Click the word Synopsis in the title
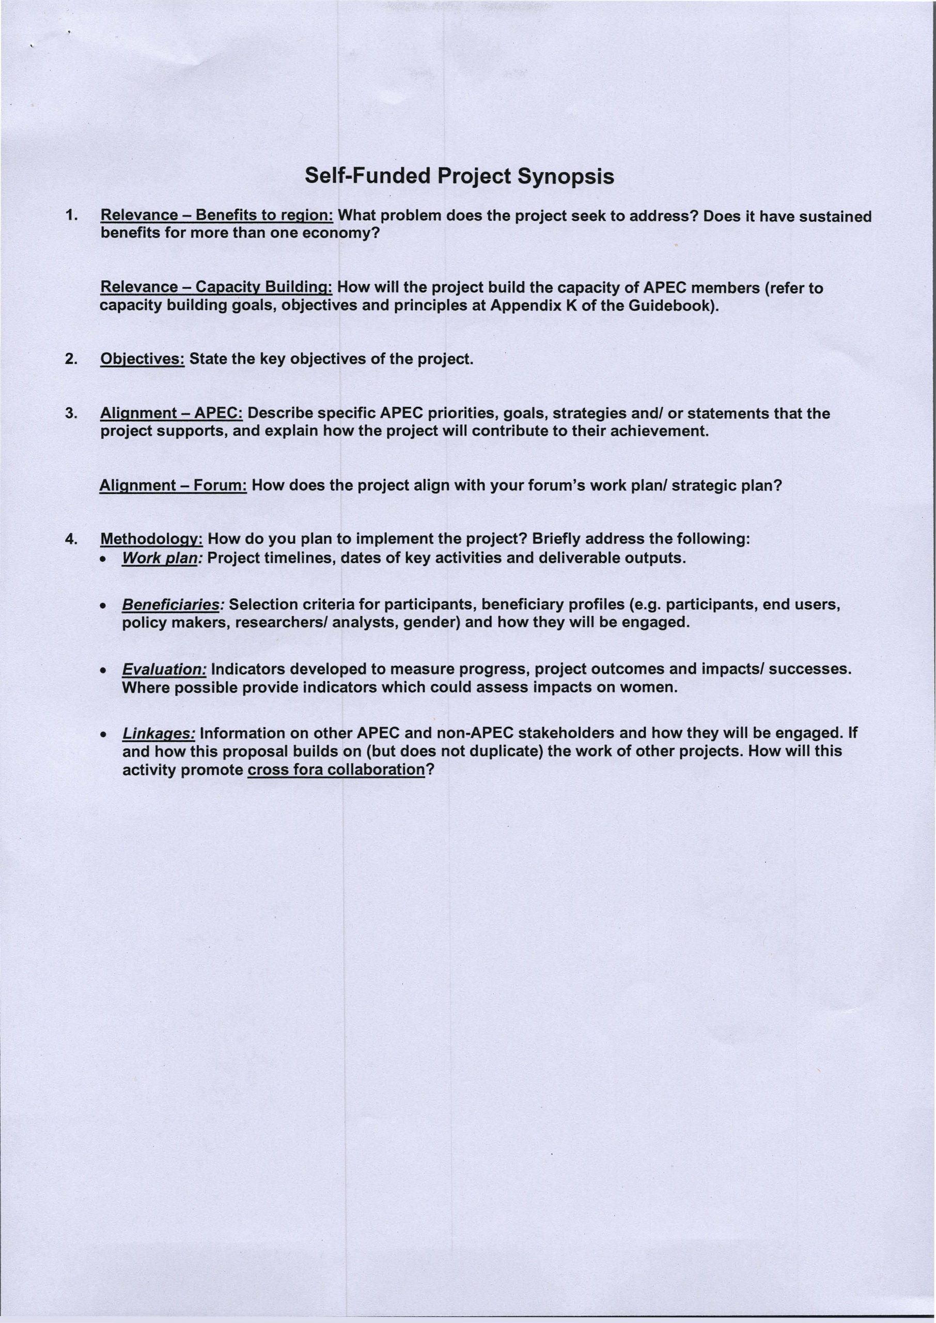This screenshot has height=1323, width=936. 566,176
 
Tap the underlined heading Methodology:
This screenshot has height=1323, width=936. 151,540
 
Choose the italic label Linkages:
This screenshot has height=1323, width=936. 159,733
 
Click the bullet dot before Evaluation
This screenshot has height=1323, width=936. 102,671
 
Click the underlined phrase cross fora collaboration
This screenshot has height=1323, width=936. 335,770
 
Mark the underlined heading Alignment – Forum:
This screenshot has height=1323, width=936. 174,485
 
